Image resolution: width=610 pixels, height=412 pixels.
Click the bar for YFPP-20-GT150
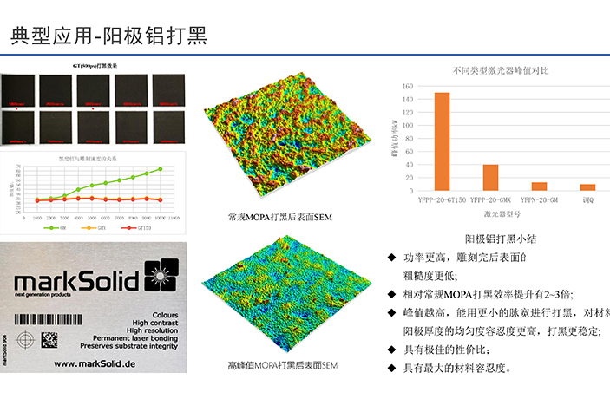coord(442,141)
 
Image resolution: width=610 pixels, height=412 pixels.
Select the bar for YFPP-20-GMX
coord(490,177)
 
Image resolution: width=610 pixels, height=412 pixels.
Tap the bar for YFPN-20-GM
coord(539,186)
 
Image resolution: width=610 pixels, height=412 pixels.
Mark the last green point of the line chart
coord(160,169)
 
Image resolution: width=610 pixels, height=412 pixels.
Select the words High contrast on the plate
coord(148,319)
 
